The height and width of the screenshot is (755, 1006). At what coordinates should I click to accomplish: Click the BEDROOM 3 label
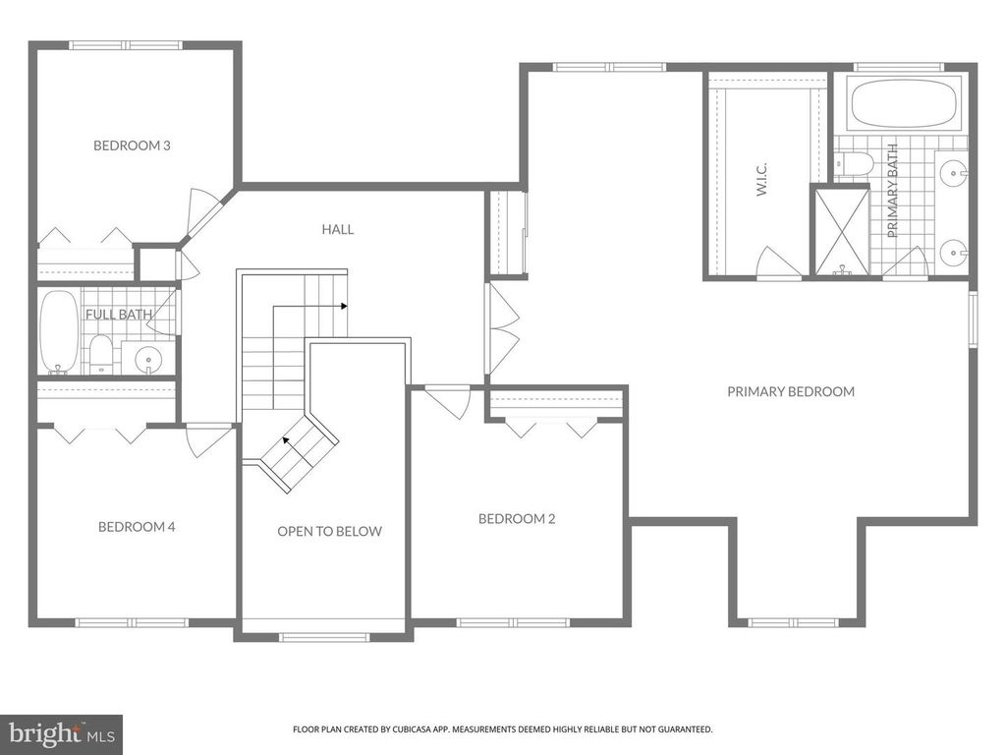click(x=132, y=145)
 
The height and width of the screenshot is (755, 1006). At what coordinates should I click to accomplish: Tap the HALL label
click(x=337, y=229)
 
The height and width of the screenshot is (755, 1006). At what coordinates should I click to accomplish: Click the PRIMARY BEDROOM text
click(x=790, y=391)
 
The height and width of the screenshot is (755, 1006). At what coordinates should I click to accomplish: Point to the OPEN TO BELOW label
click(x=329, y=531)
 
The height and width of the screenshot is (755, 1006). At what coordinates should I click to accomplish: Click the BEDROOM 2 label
click(x=517, y=519)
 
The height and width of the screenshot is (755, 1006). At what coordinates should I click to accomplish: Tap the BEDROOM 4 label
click(x=137, y=527)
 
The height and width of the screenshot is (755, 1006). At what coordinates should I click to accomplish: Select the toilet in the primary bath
click(x=853, y=163)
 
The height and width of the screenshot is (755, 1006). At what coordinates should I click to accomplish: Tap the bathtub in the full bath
click(x=58, y=331)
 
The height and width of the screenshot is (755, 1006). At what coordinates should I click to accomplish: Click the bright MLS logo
click(x=59, y=733)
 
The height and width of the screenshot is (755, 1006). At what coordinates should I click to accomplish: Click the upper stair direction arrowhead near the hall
click(x=344, y=306)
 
